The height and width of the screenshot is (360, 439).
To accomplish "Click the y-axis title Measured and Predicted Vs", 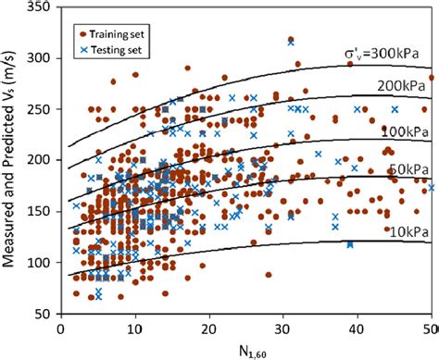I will [x=12, y=163].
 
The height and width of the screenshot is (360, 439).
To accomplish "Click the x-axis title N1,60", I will [x=245, y=349].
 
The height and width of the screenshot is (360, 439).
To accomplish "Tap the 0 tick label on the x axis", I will [x=60, y=328].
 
